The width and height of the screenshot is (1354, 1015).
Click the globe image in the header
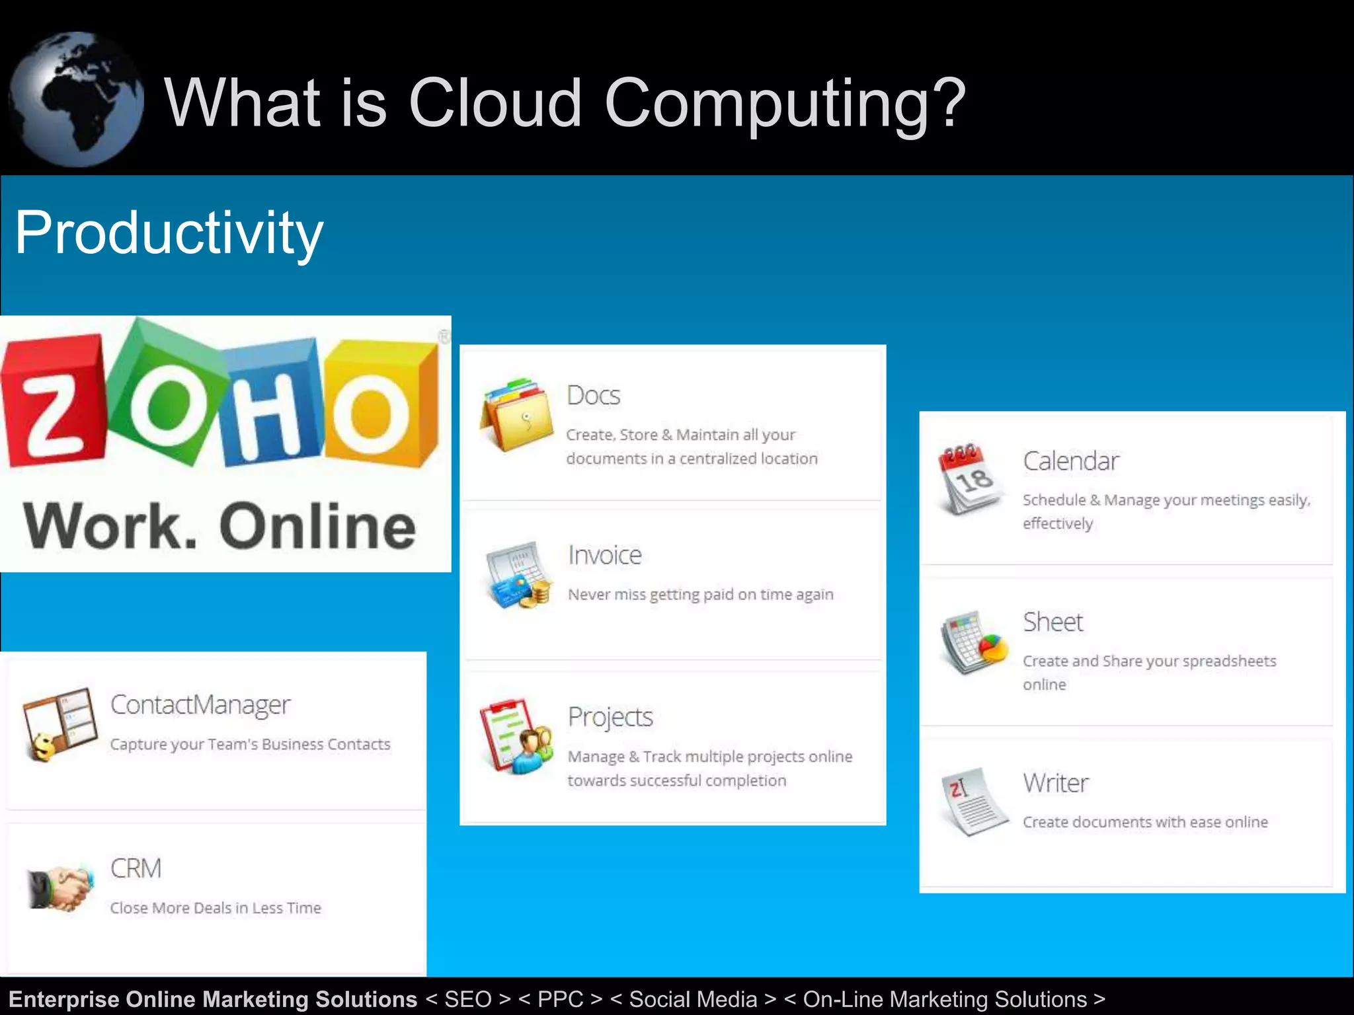[75, 99]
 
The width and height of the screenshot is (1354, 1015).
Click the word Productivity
[169, 233]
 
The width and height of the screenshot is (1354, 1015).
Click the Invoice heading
[605, 555]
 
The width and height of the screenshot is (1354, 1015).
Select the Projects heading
[610, 717]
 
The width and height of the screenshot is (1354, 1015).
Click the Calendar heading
[1071, 461]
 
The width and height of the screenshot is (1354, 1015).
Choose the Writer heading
[1055, 783]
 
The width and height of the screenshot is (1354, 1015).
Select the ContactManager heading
[200, 705]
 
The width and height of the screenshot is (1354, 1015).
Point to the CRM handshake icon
[60, 887]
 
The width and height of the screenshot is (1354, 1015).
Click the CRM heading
[136, 868]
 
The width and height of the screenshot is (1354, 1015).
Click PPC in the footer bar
[561, 999]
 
